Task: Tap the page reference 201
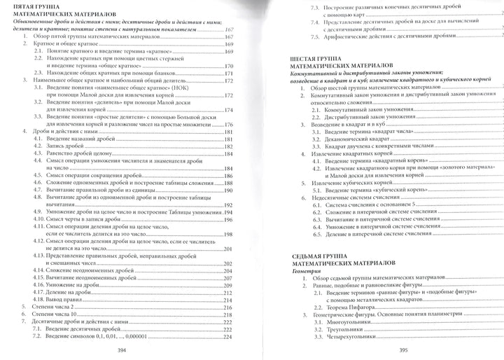(227, 249)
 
